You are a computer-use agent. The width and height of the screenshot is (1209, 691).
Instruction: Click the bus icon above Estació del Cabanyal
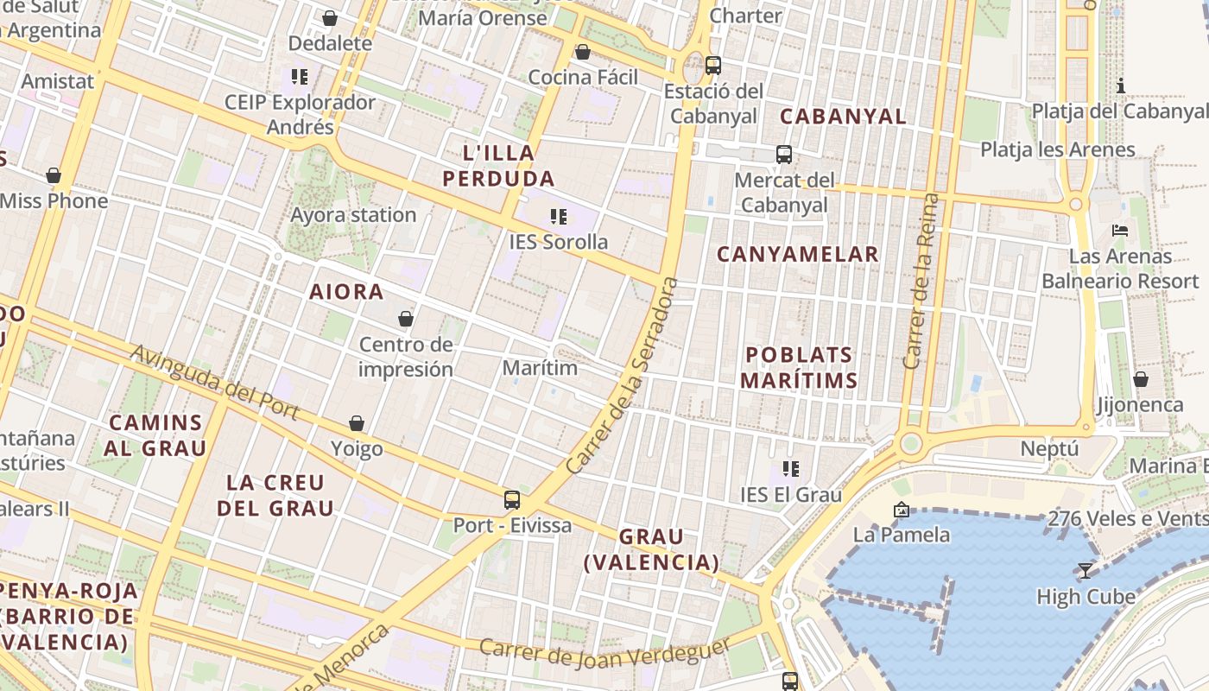coord(713,65)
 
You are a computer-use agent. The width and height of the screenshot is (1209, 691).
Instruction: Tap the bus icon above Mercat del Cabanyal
coord(784,155)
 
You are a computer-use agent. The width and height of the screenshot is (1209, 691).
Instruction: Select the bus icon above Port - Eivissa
coord(512,499)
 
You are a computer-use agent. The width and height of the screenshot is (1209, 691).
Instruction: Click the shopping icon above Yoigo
coord(357,423)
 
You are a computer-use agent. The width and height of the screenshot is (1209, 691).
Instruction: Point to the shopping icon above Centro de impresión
coord(406,319)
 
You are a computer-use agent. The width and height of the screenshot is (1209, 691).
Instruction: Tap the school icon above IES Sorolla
coord(559,216)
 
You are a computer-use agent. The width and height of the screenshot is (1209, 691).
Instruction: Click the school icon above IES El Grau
coord(790,469)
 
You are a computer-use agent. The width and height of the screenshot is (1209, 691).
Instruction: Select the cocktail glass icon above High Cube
coord(1086,570)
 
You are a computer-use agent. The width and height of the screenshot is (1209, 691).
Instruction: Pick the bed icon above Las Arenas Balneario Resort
coord(1120,231)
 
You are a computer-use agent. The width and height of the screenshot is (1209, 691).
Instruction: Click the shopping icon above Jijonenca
coord(1141,379)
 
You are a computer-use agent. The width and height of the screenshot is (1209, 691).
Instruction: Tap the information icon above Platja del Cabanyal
coord(1121,86)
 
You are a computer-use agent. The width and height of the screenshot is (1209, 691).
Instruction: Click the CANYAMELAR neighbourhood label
coord(798,254)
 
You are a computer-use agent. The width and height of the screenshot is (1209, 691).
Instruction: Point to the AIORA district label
coord(346,292)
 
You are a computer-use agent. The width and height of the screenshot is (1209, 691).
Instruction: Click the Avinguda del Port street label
coord(215,383)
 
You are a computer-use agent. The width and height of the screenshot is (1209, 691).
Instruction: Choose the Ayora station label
coord(353,214)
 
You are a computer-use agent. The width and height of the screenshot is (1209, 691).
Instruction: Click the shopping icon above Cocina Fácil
coord(583,52)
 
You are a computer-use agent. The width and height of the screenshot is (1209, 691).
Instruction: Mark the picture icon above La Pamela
coord(902,510)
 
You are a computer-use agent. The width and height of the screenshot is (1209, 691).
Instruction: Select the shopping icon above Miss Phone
coord(54,175)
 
